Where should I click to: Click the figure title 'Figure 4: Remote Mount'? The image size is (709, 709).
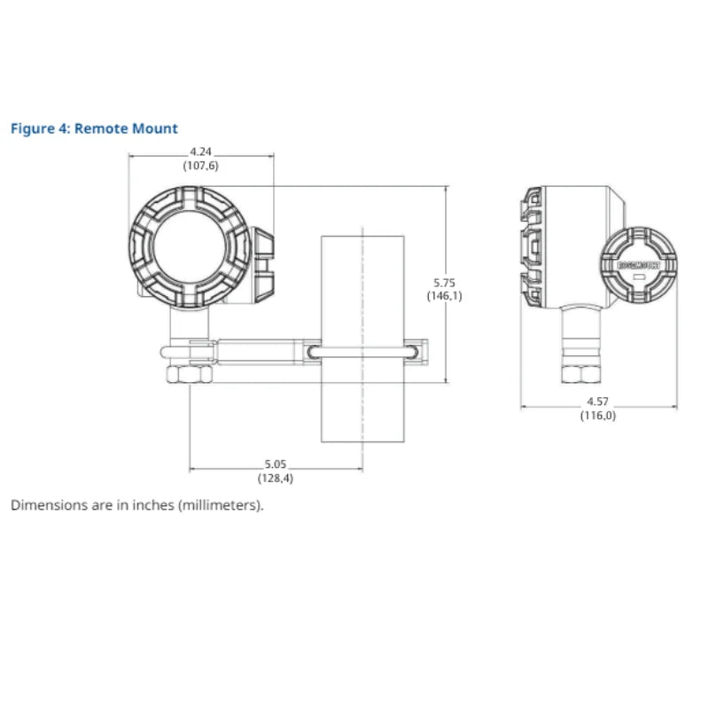click(94, 129)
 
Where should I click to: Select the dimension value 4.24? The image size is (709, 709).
click(201, 152)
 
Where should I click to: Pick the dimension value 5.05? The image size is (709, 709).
click(276, 464)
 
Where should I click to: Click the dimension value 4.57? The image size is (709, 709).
click(597, 401)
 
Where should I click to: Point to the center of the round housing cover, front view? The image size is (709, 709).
click(188, 247)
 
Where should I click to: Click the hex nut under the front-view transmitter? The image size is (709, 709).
click(189, 375)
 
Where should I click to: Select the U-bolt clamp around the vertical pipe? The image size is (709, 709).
click(362, 352)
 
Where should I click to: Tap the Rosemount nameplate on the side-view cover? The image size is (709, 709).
click(638, 264)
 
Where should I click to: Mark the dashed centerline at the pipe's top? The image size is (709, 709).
click(362, 232)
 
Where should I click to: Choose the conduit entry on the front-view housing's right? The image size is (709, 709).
click(265, 261)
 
